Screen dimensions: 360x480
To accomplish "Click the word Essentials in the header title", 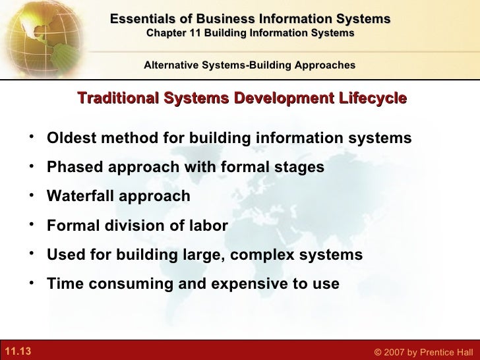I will click(142, 19).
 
